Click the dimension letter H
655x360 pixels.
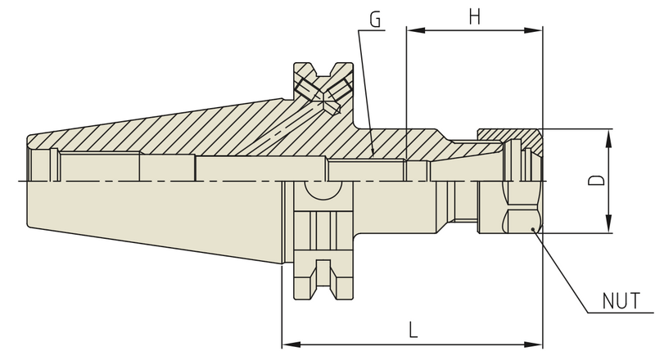[x=474, y=16]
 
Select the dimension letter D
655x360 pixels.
[x=600, y=180]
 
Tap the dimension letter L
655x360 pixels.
[x=413, y=331]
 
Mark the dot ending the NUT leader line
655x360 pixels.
[x=533, y=230]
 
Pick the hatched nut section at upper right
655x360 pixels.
[x=508, y=134]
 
